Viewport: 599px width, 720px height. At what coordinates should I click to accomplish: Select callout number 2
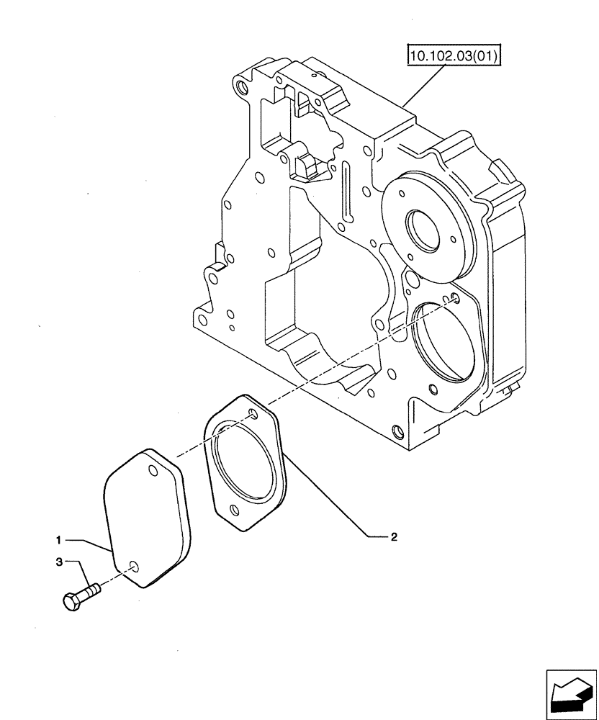pyautogui.click(x=394, y=536)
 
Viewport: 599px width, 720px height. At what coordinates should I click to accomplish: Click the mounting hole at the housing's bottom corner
pyautogui.click(x=397, y=432)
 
